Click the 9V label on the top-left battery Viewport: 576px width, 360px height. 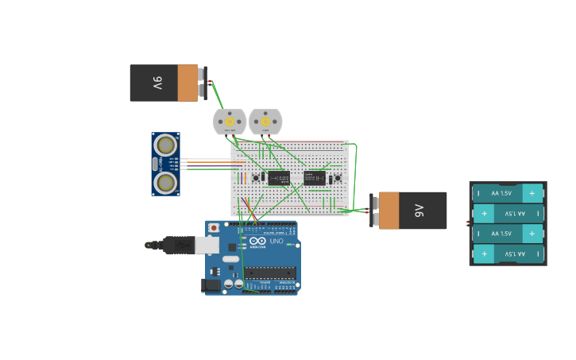pos(157,83)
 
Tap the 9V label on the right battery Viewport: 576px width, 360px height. pos(419,211)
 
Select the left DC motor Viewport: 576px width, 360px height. pos(230,122)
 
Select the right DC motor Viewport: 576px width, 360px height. pos(265,122)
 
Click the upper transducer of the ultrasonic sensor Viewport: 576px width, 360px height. pos(165,145)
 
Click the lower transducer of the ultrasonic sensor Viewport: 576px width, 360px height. pos(165,183)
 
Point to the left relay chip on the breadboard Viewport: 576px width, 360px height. pos(278,178)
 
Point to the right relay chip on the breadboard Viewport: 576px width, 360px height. pos(315,178)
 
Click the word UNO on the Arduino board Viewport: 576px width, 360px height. pos(277,241)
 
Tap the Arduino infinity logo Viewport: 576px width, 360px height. pos(257,242)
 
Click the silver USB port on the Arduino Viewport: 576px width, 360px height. pos(207,246)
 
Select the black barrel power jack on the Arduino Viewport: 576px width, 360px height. pos(211,285)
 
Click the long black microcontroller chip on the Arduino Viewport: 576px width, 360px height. pos(269,273)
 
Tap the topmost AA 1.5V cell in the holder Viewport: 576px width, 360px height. pos(508,193)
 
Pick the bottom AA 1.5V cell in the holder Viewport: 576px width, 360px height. pos(508,254)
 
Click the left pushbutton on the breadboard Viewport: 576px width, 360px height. pos(256,178)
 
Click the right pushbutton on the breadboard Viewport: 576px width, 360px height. pos(338,178)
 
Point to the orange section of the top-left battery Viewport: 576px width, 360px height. pos(187,83)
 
